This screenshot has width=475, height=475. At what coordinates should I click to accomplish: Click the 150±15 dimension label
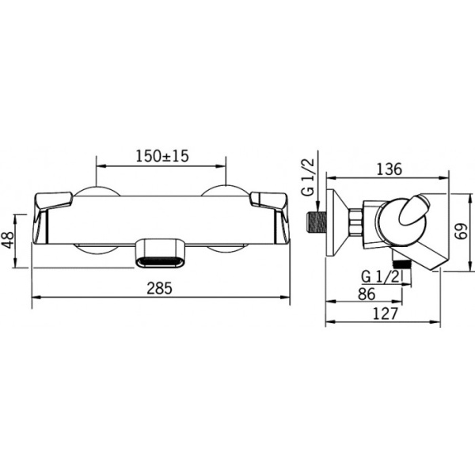162,156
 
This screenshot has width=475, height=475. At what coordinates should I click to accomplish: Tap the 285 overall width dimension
159,288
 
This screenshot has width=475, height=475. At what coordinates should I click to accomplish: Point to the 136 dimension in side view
389,169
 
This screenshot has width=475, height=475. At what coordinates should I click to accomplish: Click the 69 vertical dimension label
462,231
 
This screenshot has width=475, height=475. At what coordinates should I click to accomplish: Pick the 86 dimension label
367,294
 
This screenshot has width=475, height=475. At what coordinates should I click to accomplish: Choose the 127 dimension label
385,313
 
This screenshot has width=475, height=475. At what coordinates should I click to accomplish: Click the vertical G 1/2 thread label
310,178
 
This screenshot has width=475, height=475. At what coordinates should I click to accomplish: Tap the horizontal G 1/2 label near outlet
381,277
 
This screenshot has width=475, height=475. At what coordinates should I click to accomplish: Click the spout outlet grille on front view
159,262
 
